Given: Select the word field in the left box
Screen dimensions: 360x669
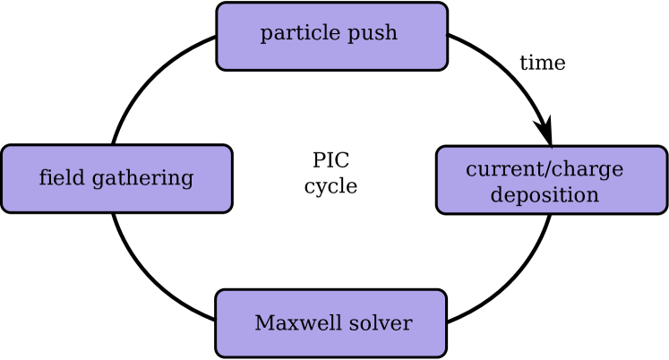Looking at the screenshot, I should [56, 178].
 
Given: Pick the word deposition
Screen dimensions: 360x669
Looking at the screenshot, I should [545, 195].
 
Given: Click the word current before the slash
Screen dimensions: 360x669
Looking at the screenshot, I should [502, 170].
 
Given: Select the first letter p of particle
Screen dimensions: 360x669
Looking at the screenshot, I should [266, 36].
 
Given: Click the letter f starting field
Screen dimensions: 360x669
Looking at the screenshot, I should [43, 177].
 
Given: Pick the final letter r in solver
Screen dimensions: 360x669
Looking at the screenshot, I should [408, 324].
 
